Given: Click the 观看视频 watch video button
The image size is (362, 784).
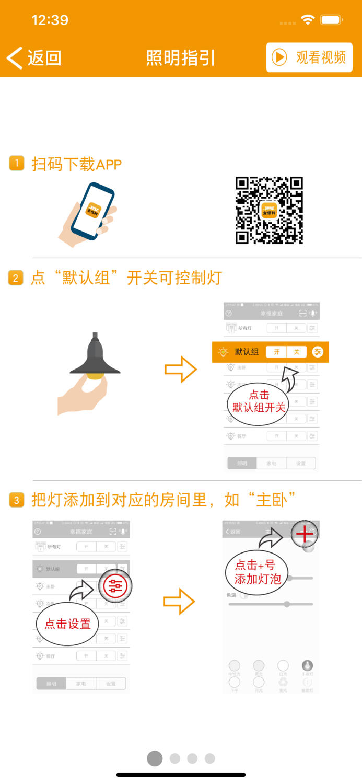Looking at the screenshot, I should click(309, 57).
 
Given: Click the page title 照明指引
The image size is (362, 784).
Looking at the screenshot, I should click(180, 58).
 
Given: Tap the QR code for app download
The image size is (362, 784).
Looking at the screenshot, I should click(269, 211).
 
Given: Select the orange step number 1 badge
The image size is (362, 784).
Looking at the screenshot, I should click(16, 163).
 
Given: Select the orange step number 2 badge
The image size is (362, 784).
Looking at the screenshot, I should click(16, 278).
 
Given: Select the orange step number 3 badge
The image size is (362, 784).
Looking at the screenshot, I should click(16, 500).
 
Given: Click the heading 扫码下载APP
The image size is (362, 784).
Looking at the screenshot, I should click(76, 164).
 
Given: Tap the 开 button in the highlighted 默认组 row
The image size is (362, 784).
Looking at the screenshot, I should click(276, 352).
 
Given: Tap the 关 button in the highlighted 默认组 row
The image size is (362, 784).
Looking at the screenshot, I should click(296, 352).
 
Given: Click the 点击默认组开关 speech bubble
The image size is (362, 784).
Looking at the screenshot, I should click(259, 401).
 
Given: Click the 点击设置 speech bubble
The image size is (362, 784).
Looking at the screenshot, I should click(67, 624).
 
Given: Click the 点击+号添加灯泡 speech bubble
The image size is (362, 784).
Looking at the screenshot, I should click(255, 572).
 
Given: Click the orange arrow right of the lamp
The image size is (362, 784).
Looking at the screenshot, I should click(181, 370).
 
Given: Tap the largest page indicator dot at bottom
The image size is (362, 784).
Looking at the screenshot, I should click(155, 758).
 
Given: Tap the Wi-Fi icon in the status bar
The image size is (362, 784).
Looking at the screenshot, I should click(308, 20).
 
